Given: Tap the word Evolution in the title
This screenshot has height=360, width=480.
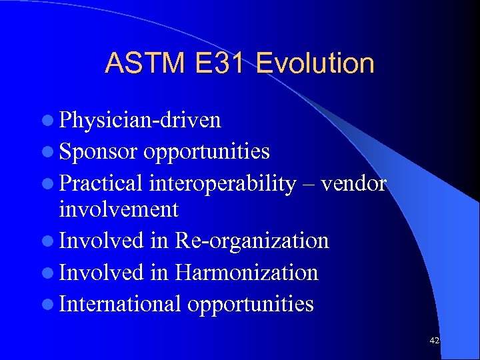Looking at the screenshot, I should click(x=315, y=63).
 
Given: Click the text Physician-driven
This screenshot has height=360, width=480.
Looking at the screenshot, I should click(x=140, y=120).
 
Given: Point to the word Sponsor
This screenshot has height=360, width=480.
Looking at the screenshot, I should click(x=99, y=152).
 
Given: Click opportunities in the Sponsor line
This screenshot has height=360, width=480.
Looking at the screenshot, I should click(x=207, y=152).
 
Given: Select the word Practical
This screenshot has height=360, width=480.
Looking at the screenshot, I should click(x=101, y=183).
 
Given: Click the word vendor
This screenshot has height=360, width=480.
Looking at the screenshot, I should click(x=353, y=183).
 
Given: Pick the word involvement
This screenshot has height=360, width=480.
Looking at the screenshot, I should click(x=119, y=209).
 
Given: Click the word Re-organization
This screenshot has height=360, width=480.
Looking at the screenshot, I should click(x=251, y=240).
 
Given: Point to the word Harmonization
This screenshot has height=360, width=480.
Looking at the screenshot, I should click(x=246, y=272).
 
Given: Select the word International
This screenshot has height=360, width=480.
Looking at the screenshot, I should click(x=120, y=304).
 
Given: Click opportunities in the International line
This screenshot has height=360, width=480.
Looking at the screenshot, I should click(x=251, y=304).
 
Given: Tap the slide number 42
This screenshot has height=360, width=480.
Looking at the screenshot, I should click(x=435, y=341).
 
